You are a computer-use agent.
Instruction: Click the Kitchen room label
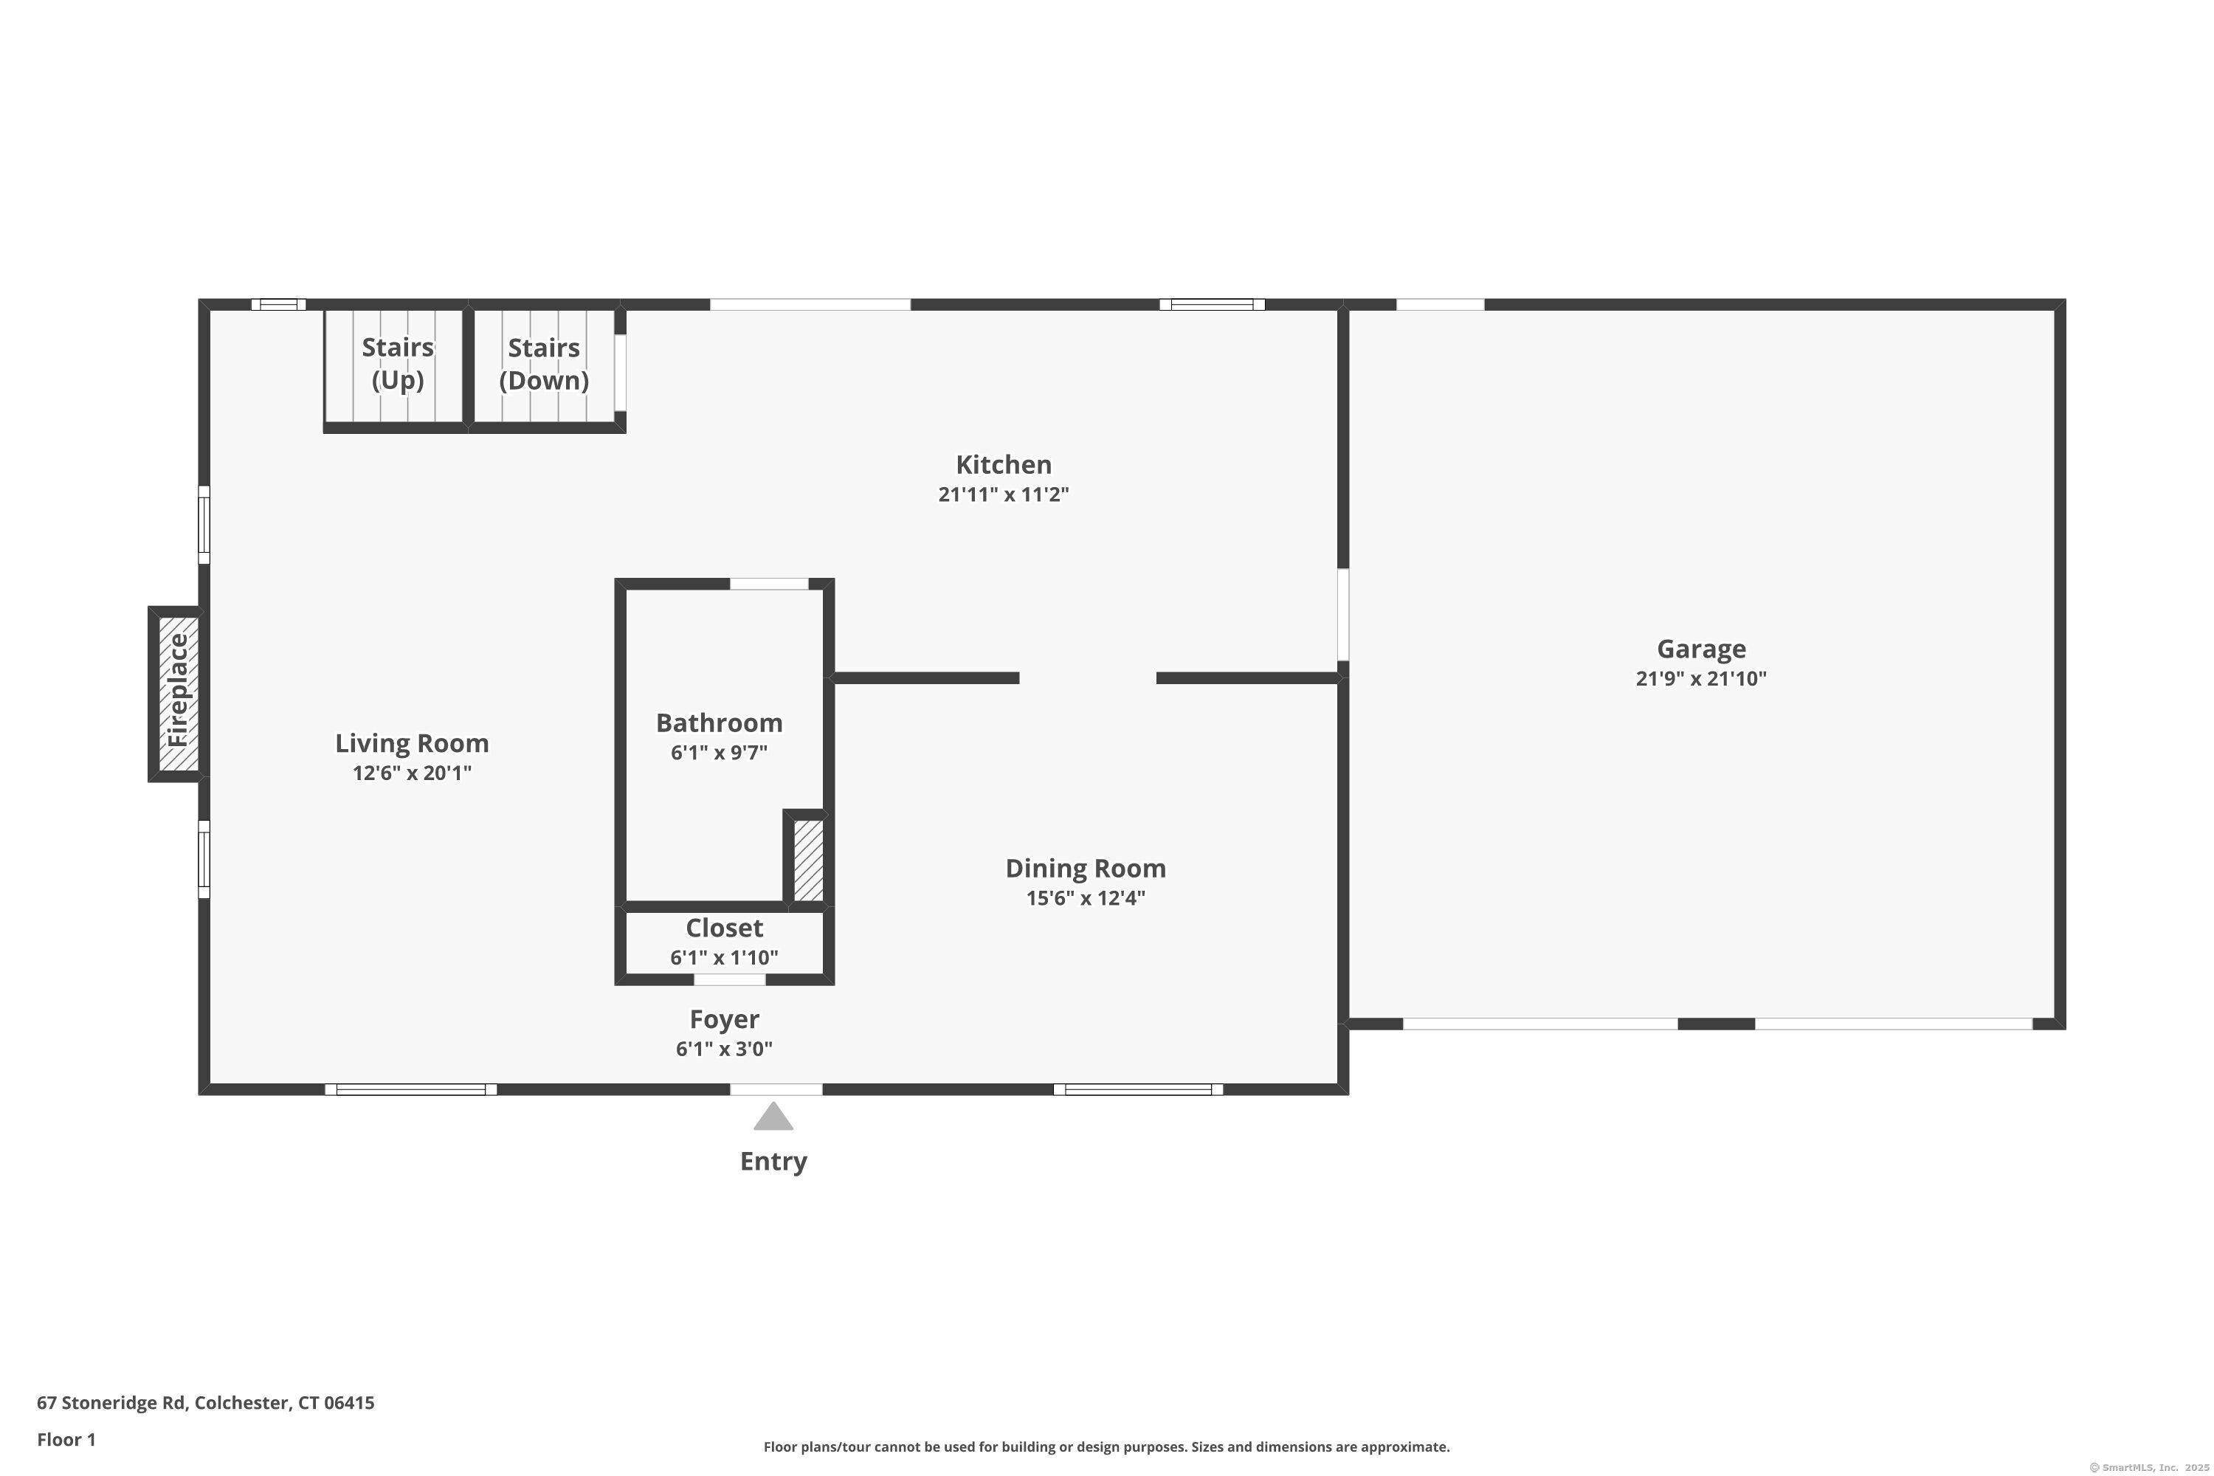[x=1004, y=464]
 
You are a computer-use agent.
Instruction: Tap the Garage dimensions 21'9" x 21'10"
[x=1701, y=679]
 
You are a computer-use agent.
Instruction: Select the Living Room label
[x=413, y=744]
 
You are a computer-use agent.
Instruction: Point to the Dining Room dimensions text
[x=1086, y=898]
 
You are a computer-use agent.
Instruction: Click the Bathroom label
[x=719, y=723]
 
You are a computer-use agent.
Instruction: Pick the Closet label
[x=724, y=928]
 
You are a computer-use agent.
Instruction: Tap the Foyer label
[x=724, y=1019]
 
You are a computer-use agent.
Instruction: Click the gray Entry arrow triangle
[x=773, y=1117]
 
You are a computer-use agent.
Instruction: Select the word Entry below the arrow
[x=773, y=1162]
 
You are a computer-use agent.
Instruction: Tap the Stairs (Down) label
[x=544, y=363]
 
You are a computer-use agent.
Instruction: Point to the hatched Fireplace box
[x=177, y=694]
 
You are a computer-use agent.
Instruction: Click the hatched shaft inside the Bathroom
[x=807, y=860]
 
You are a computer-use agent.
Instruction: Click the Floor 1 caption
[x=66, y=1439]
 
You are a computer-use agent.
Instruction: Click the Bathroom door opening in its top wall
[x=769, y=584]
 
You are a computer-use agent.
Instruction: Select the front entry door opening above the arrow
[x=776, y=1089]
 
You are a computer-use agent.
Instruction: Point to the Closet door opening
[x=730, y=980]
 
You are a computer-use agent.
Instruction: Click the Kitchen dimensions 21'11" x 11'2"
[x=1004, y=494]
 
